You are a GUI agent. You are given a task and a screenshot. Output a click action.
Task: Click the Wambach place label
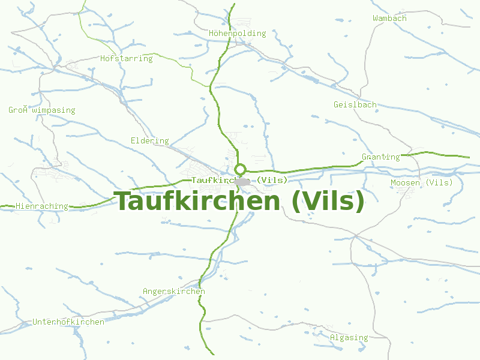pos(389,19)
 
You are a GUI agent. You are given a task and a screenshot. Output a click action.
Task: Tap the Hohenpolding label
pos(238,34)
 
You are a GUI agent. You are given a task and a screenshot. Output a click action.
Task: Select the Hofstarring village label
pos(127,59)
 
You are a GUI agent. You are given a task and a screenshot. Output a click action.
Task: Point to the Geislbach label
pos(355,105)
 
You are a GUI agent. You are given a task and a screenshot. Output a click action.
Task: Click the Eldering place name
pos(150,141)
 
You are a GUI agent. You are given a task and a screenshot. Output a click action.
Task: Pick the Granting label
pos(380,157)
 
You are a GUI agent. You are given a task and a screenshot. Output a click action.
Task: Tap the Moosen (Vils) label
pos(422,183)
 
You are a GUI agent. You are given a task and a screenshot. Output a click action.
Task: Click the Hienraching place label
pos(42,206)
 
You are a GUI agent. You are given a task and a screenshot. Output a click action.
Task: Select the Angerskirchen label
pos(174,292)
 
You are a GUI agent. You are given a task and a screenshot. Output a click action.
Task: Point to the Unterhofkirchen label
pos(68,322)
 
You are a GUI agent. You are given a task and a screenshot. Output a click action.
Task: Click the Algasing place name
pos(349,338)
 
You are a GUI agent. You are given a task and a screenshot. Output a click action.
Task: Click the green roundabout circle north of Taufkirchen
pos(240,169)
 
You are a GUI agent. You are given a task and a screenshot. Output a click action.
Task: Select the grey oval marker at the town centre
pos(242,181)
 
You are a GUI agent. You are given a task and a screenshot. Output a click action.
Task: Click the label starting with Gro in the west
pos(42,110)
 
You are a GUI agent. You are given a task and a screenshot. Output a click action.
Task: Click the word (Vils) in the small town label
pos(272,180)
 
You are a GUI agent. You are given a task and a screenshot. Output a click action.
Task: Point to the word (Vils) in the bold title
pos(328,201)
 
